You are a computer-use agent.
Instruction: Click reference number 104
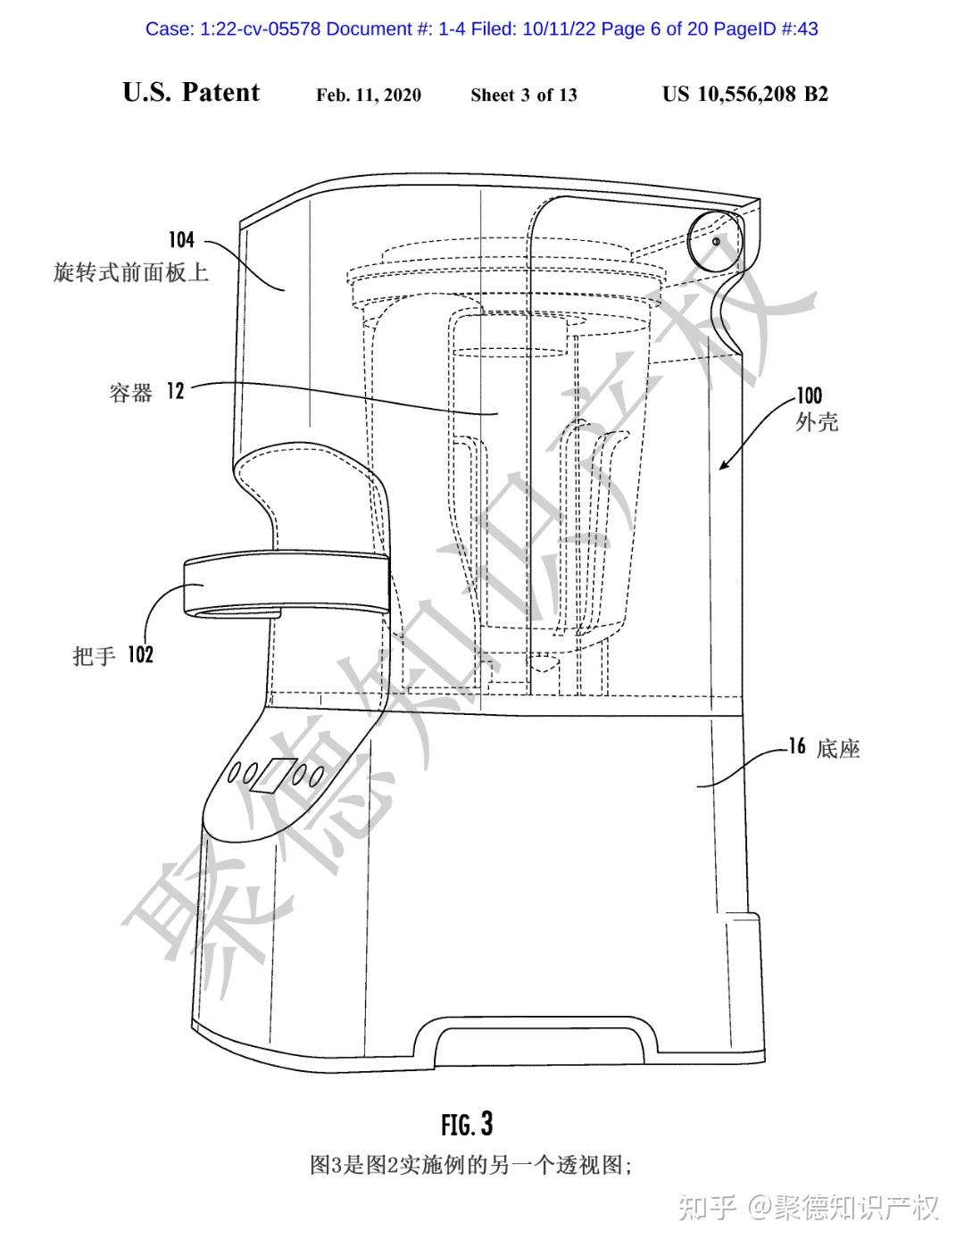point(182,240)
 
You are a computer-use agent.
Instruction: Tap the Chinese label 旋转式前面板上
point(131,272)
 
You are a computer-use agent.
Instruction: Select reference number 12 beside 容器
point(176,391)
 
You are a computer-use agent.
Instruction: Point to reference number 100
point(810,395)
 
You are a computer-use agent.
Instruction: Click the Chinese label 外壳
point(817,422)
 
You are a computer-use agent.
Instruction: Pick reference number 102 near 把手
point(141,654)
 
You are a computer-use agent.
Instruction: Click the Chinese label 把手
point(94,655)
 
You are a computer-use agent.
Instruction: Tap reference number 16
point(797,746)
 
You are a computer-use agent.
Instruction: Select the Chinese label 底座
point(838,749)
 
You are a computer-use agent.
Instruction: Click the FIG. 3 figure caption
point(467,1124)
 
